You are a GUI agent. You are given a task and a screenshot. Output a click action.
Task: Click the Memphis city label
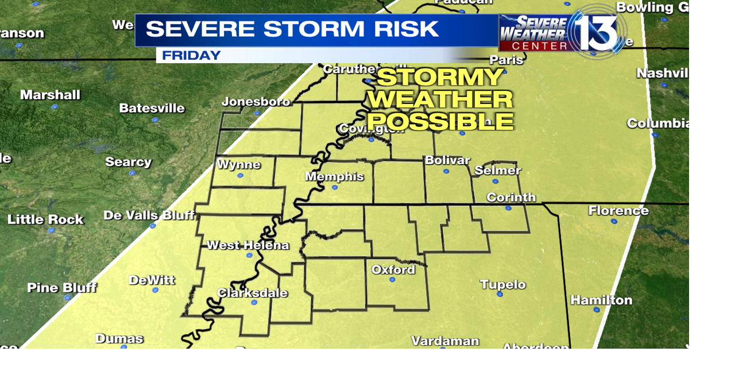pos(334,176)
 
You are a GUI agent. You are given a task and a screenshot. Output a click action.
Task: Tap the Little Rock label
pos(45,219)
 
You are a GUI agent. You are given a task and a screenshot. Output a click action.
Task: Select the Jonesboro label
pos(256,102)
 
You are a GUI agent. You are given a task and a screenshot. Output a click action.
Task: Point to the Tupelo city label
pos(502,284)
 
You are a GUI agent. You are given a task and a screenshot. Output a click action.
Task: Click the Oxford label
pos(393,269)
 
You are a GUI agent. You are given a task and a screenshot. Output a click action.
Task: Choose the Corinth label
pos(510,198)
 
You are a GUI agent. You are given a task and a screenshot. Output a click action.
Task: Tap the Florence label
pos(618,211)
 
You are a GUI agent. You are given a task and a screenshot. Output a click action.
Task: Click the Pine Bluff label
pos(61,287)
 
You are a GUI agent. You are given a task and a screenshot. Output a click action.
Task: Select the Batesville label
pos(152,108)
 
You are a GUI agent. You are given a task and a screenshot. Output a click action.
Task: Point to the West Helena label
pos(247,245)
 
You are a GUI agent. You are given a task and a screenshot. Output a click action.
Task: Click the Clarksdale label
pos(252,293)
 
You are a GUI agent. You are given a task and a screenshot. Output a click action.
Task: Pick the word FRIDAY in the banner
pos(191,56)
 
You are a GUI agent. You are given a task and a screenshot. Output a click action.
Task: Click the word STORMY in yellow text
pos(440,78)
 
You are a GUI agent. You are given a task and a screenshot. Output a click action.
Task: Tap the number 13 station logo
pos(597,30)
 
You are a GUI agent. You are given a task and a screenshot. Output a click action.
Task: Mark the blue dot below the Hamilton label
pos(597,310)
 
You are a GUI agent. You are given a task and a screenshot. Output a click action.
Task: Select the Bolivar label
pos(447,160)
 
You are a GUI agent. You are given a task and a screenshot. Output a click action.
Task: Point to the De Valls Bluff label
pos(149,215)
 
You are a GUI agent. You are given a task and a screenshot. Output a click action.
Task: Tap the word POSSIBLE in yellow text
pos(440,121)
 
